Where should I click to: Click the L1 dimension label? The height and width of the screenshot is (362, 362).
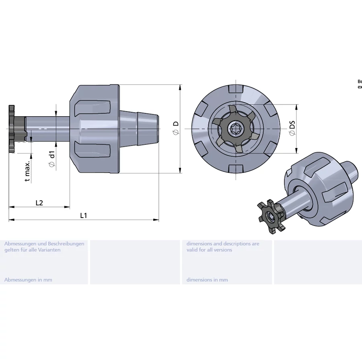(x=83, y=216)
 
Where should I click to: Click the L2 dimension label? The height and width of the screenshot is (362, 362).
(x=39, y=203)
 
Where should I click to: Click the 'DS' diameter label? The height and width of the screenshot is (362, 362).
(x=292, y=125)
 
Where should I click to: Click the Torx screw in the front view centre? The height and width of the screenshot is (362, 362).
(x=234, y=129)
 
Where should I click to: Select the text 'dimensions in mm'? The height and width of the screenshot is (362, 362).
(x=207, y=280)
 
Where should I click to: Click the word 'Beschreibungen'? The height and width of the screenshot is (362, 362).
(x=66, y=244)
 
